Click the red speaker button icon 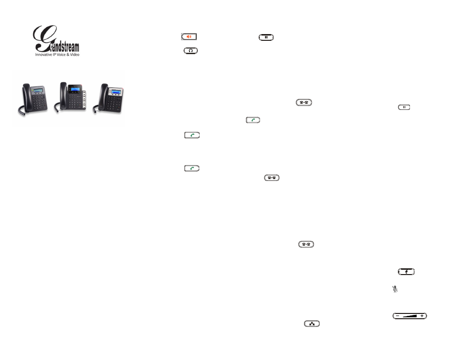pos(189,36)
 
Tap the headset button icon pos(190,50)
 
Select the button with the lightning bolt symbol pos(406,272)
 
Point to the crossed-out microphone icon pos(395,289)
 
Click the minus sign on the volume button pos(398,316)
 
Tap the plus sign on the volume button pos(422,316)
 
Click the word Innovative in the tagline pos(45,55)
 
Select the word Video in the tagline pos(75,55)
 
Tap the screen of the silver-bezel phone pos(115,91)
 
